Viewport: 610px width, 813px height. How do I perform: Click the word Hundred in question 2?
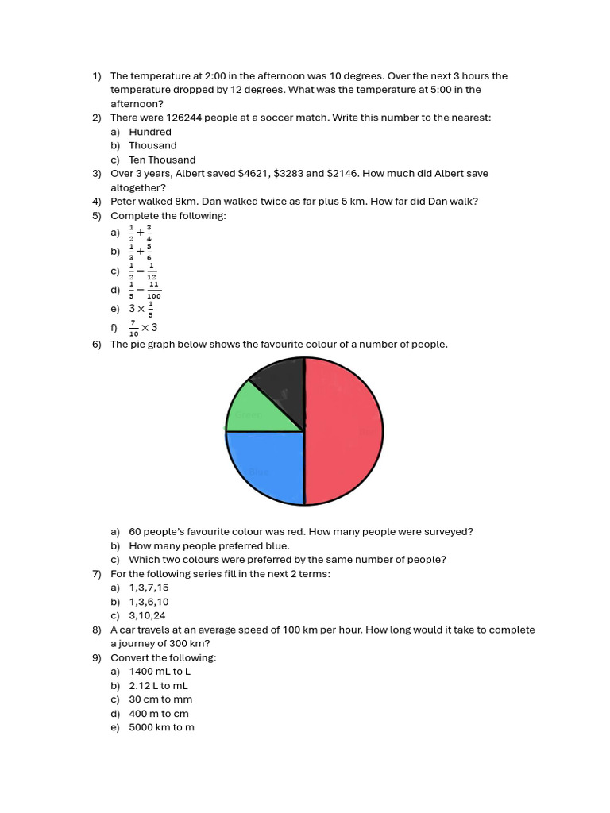pos(150,132)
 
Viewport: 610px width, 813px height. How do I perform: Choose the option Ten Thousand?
pos(162,160)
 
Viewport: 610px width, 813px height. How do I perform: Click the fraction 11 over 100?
pos(154,290)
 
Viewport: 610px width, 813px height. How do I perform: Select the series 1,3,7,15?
pos(149,588)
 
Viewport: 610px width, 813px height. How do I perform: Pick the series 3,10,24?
pos(147,615)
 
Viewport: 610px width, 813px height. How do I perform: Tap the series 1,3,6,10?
pos(149,602)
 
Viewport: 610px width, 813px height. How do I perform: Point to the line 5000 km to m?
pos(161,727)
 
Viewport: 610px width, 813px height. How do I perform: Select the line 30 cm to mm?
pos(160,699)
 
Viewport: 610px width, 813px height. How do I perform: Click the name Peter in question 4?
pos(125,201)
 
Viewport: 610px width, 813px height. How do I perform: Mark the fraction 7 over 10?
pos(133,328)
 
